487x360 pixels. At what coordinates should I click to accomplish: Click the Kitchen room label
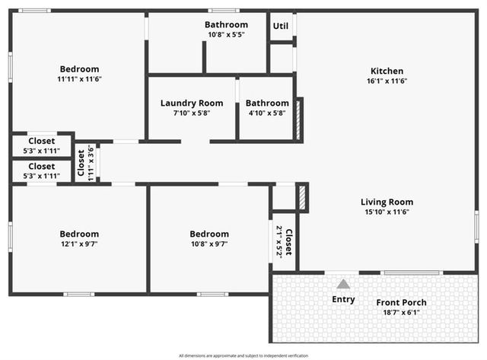(x=387, y=71)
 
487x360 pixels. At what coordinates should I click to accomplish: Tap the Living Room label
(x=387, y=202)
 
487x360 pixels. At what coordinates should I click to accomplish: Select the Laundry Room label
(x=192, y=104)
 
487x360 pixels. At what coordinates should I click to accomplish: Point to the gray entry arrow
(x=344, y=284)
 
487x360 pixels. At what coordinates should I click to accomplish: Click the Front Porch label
(x=401, y=302)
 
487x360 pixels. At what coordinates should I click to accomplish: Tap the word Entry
(x=344, y=299)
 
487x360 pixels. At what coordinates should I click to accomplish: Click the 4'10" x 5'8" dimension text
(x=267, y=113)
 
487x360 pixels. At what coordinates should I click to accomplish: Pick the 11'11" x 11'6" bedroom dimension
(x=79, y=79)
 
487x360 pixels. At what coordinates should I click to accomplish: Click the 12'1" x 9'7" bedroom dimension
(x=79, y=244)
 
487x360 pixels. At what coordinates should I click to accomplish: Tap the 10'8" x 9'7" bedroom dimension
(x=209, y=244)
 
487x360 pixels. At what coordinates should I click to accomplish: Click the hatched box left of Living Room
(x=301, y=197)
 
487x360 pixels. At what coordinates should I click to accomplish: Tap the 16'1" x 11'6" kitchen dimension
(x=387, y=81)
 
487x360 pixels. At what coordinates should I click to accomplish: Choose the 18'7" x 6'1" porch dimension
(x=401, y=312)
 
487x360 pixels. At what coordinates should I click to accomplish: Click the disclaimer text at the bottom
(x=243, y=355)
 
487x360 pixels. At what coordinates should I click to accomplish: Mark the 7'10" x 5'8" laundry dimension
(x=192, y=113)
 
